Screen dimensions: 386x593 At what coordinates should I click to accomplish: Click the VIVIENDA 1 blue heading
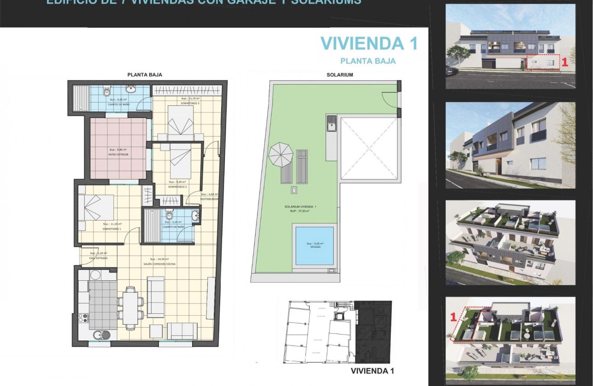coord(369,43)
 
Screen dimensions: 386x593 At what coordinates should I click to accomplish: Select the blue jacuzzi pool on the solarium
coord(314,246)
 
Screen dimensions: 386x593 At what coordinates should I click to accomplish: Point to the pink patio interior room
coord(119,148)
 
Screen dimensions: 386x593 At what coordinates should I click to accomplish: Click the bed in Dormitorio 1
coord(96,207)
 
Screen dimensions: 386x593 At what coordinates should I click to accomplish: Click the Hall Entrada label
coord(98,258)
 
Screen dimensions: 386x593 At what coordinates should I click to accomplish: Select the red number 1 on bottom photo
coord(453,317)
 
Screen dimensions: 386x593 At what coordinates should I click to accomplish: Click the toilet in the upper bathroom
coord(107,92)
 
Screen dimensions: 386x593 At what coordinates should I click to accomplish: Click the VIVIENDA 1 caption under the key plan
coord(372,370)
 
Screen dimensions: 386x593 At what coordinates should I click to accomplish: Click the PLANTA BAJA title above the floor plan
coord(144,74)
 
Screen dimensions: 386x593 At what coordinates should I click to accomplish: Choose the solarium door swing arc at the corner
coord(388,99)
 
